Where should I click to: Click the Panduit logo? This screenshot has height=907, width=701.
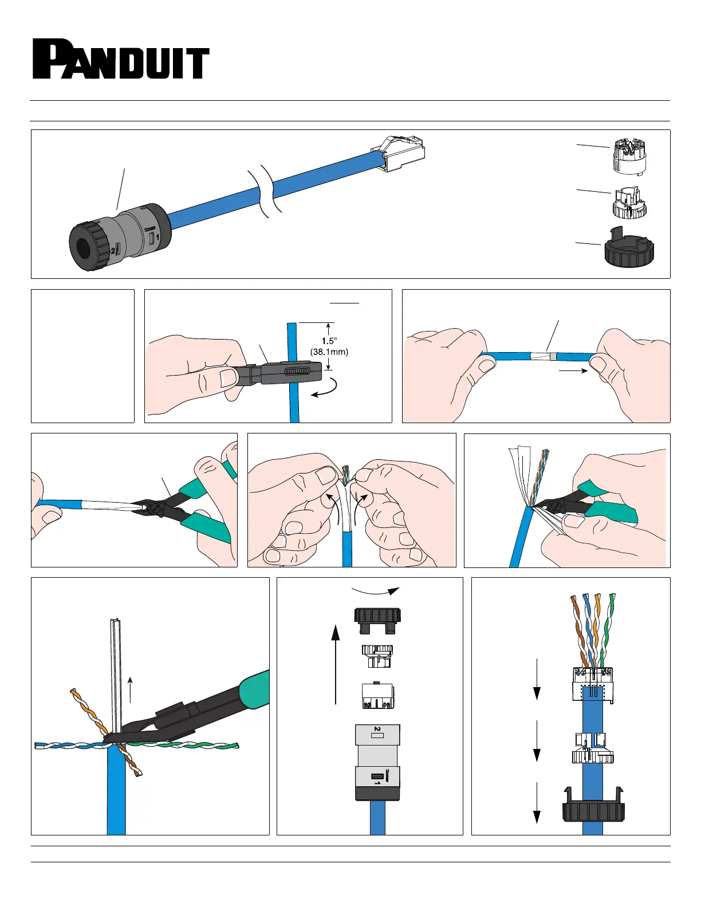pos(121,59)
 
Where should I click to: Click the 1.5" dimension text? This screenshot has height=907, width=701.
pos(329,341)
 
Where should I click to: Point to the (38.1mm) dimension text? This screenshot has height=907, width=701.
pos(329,352)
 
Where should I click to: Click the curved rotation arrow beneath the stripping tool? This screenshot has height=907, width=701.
pos(324,388)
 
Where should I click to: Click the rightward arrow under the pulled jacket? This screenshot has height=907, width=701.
pos(573,370)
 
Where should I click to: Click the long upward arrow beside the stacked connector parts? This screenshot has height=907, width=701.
pos(335,664)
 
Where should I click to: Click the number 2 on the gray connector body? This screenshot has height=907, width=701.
pos(377,729)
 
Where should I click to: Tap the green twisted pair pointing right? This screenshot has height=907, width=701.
pos(184,744)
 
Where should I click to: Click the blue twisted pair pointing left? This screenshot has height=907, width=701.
pos(69,744)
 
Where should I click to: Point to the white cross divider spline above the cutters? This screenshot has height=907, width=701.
pos(116,676)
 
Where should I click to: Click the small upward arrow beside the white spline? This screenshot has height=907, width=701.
pos(130,690)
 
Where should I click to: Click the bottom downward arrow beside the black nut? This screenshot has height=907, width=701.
pos(537,803)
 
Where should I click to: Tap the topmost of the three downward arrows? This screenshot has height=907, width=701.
pos(537,680)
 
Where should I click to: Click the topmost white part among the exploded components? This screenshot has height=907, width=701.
pos(629,157)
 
